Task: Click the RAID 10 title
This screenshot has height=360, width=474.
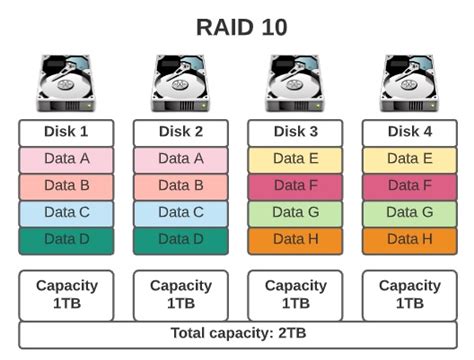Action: [237, 27]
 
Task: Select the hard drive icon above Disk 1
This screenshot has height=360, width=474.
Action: [66, 84]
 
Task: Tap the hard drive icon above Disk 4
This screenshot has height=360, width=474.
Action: [409, 84]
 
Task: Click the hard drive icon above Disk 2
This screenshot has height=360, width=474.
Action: [180, 84]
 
